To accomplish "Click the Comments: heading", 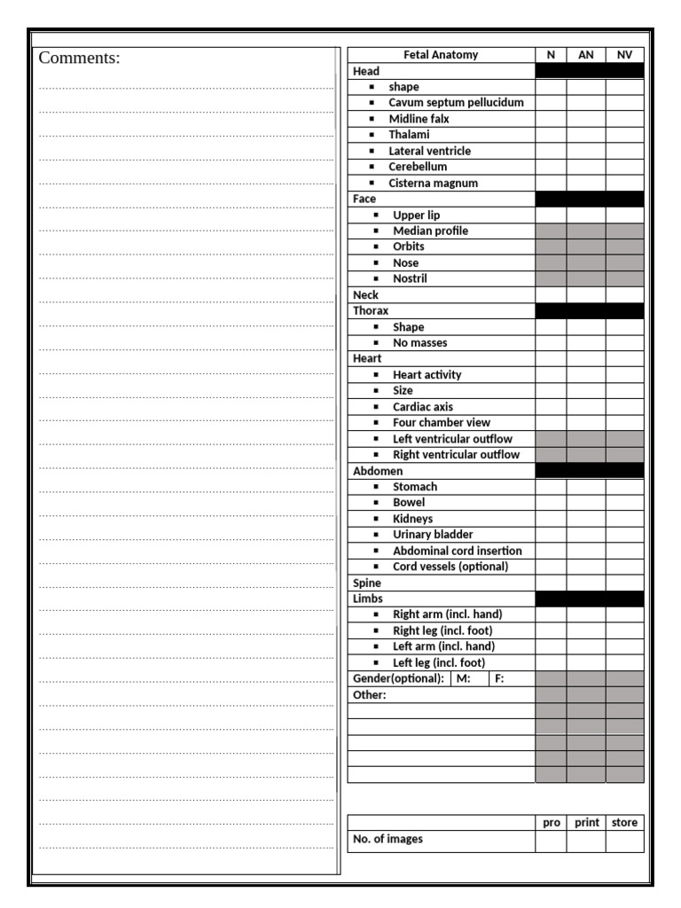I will pyautogui.click(x=79, y=59).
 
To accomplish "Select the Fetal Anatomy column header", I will pyautogui.click(x=441, y=55).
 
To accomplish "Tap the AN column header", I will pyautogui.click(x=586, y=55).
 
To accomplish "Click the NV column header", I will pyautogui.click(x=624, y=55).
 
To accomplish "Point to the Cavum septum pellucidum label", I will pyautogui.click(x=456, y=103).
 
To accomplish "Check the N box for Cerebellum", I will pyautogui.click(x=551, y=167).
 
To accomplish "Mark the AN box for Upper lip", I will pyautogui.click(x=586, y=215).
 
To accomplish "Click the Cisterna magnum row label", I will pyautogui.click(x=433, y=184).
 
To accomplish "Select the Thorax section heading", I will pyautogui.click(x=371, y=311).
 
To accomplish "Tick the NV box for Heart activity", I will pyautogui.click(x=624, y=375).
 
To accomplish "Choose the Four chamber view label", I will pyautogui.click(x=441, y=423).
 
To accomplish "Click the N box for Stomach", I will pyautogui.click(x=551, y=487).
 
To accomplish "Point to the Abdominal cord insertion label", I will pyautogui.click(x=457, y=551).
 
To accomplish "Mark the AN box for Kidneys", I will pyautogui.click(x=586, y=519).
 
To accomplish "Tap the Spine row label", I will pyautogui.click(x=367, y=583).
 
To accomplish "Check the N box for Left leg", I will pyautogui.click(x=551, y=662).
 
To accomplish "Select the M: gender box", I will pyautogui.click(x=472, y=679).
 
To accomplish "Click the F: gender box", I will pyautogui.click(x=513, y=679).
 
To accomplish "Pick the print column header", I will pyautogui.click(x=586, y=823).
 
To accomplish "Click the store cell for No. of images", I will pyautogui.click(x=624, y=841).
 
